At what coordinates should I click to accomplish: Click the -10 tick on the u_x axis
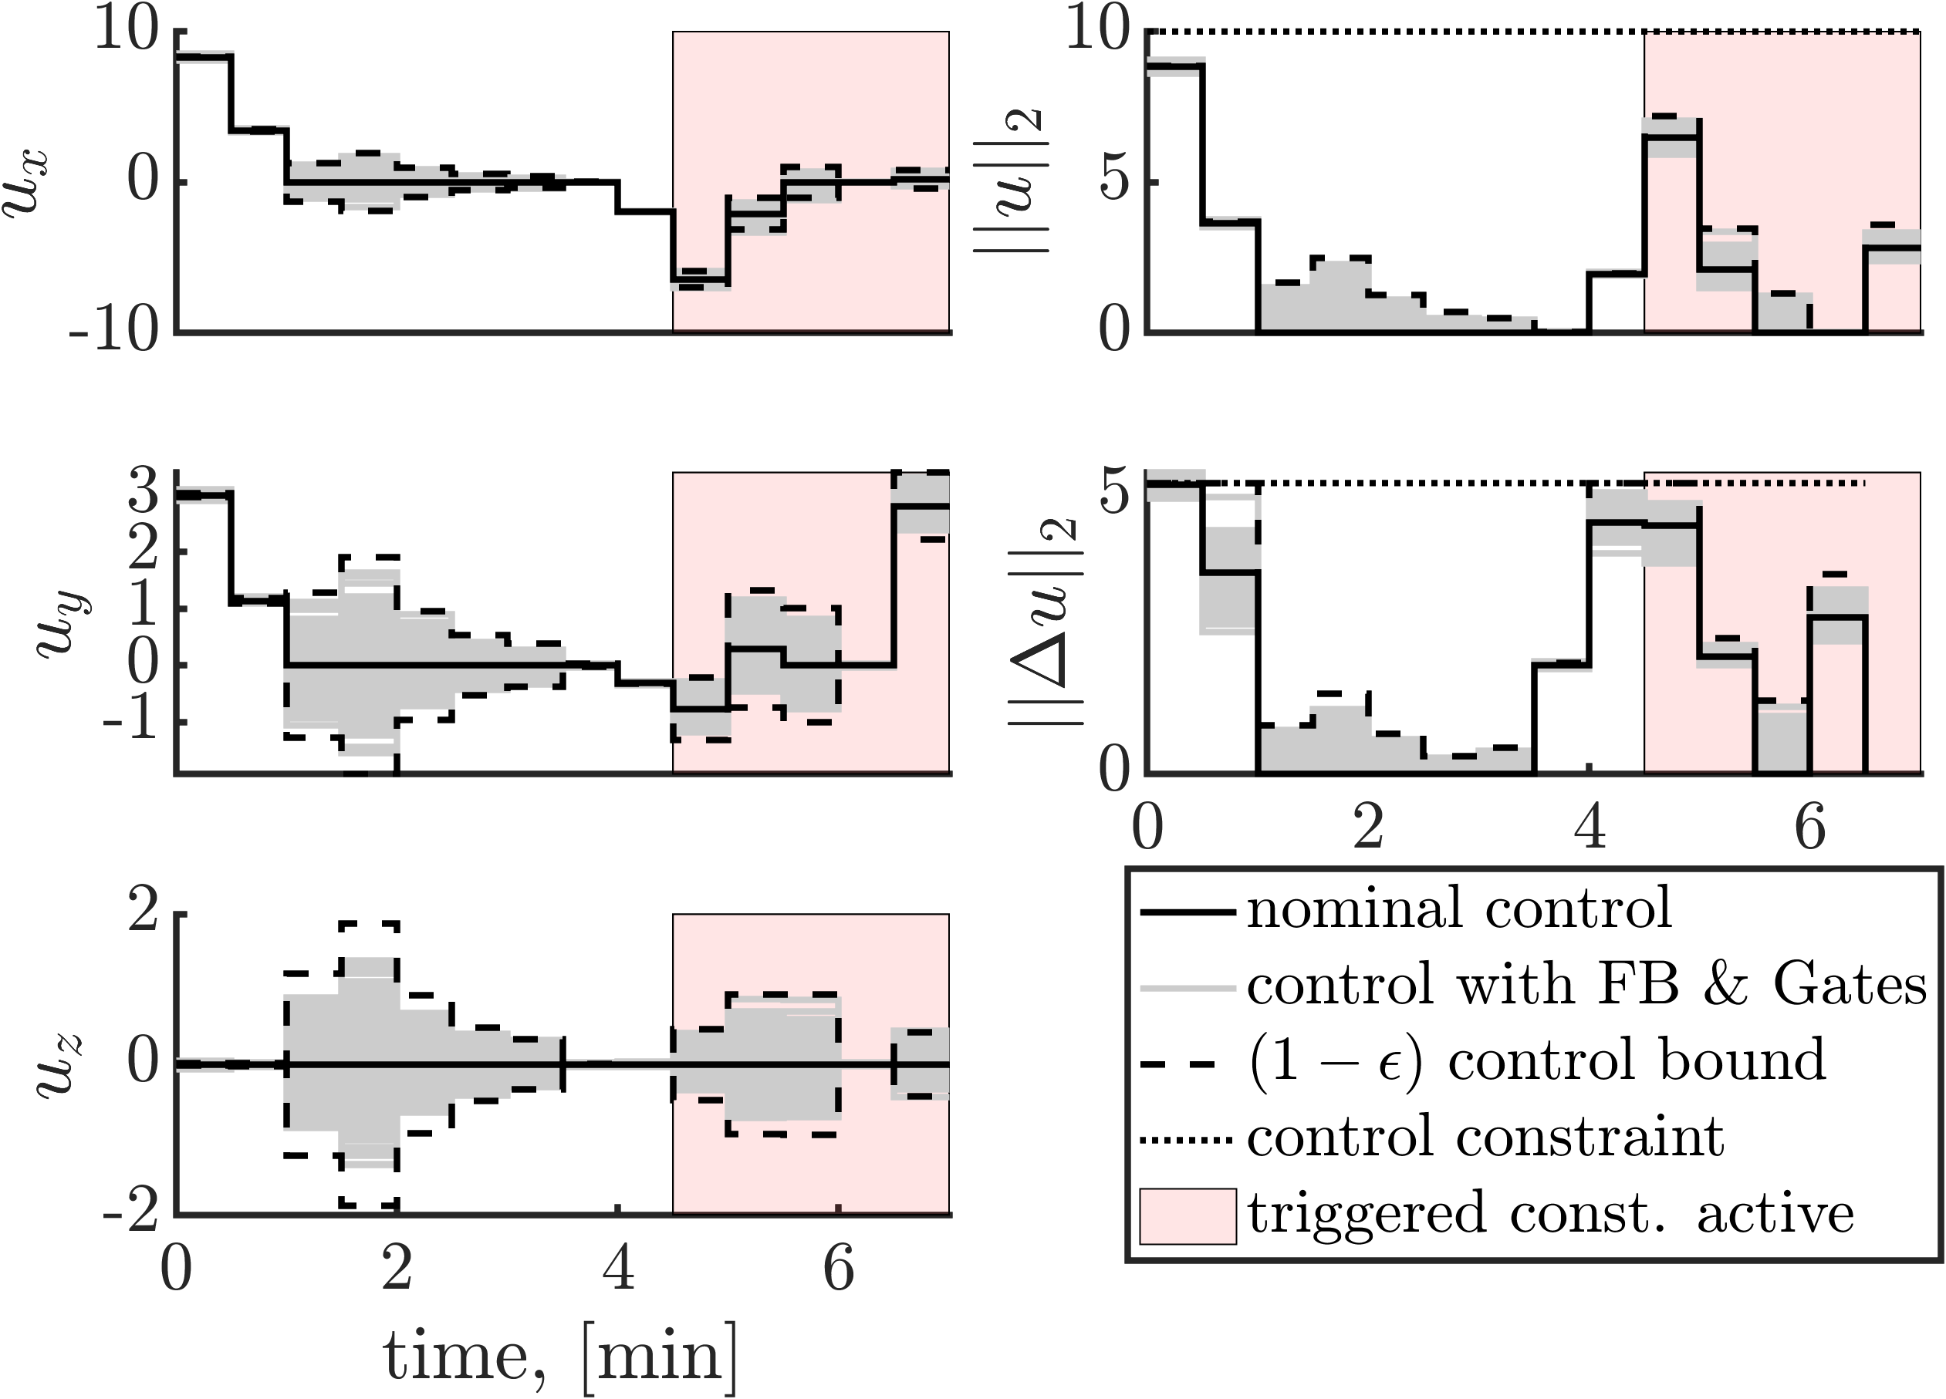115,331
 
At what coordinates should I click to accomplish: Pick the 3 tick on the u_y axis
144,495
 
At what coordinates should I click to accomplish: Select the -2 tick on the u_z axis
130,1215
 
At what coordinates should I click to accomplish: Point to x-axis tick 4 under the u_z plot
618,1269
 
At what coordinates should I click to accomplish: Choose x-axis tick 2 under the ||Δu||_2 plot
1368,828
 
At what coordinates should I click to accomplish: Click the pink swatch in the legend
1187,1215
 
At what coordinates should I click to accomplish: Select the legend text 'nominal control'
1458,909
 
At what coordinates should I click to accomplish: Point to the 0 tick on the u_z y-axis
144,1064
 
